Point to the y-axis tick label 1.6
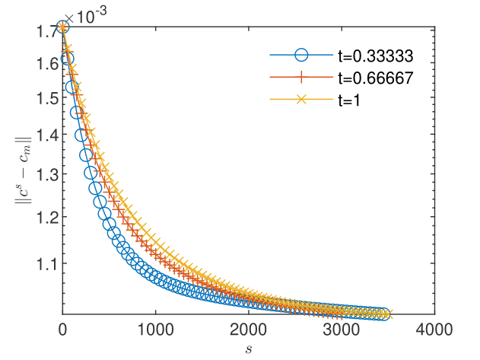(43, 62)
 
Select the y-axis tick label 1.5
(43, 98)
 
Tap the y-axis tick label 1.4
(43, 135)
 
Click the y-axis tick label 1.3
(43, 176)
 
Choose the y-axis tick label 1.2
(43, 218)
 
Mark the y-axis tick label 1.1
(43, 264)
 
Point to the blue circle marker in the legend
(301, 55)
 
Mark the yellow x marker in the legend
(301, 100)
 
